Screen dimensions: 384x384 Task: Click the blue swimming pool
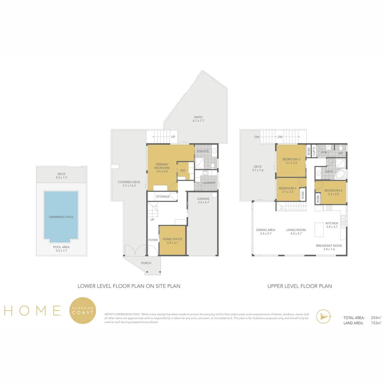61,217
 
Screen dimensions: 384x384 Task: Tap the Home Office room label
172,241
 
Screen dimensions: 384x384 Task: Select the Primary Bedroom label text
162,168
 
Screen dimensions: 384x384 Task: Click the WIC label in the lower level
183,171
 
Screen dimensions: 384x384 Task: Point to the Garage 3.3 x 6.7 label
203,201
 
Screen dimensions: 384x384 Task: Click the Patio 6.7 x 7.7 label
198,119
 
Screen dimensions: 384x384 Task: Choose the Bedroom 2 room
291,161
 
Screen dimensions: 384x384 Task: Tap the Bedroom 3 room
287,190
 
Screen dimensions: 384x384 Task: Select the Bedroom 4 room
334,192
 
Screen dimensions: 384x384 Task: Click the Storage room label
163,197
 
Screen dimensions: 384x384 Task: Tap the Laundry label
209,183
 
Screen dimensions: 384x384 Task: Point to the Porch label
146,263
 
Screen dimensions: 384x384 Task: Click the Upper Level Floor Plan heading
299,286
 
